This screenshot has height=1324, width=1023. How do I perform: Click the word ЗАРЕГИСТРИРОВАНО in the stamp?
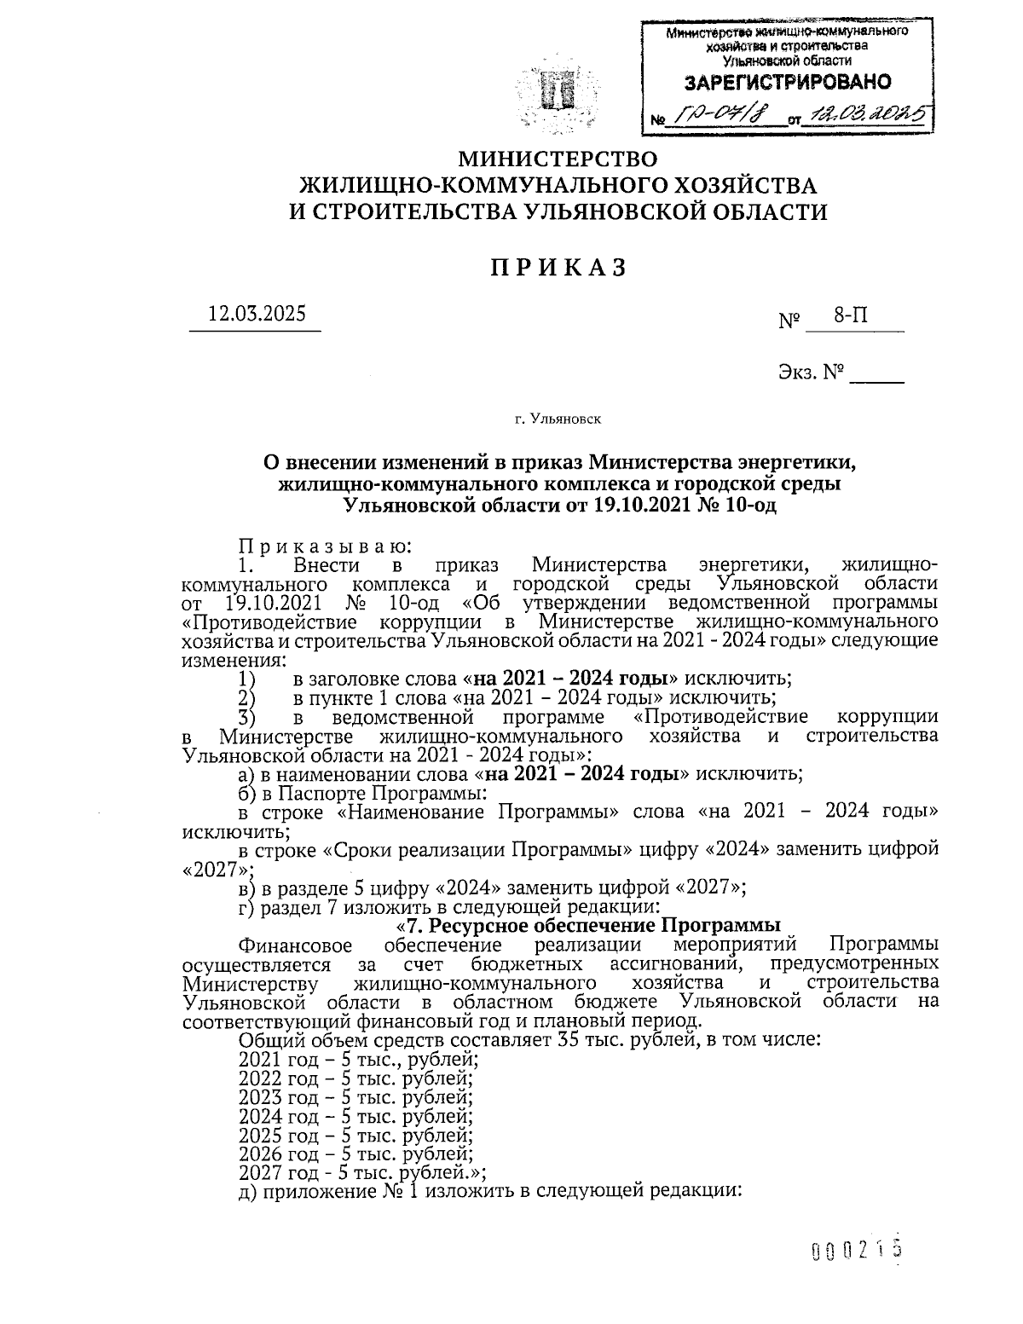789,83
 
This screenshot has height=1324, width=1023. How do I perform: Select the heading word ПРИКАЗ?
558,267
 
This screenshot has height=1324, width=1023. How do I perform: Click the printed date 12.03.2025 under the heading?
257,313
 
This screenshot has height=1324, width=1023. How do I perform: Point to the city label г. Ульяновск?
558,419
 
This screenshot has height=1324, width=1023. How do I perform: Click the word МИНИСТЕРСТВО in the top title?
558,159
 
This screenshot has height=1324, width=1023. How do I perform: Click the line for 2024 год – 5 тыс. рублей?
355,1116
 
